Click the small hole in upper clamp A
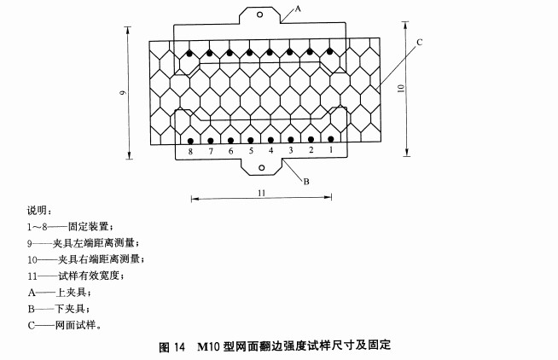pyautogui.click(x=259, y=15)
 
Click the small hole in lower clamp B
pyautogui.click(x=262, y=168)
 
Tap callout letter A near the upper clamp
pyautogui.click(x=298, y=9)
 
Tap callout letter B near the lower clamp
pyautogui.click(x=306, y=182)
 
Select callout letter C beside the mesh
pyautogui.click(x=420, y=43)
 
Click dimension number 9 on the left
pyautogui.click(x=122, y=92)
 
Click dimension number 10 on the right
pyautogui.click(x=401, y=88)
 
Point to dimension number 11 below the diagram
pyautogui.click(x=262, y=193)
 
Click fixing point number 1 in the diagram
pyautogui.click(x=331, y=150)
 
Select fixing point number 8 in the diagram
pyautogui.click(x=190, y=152)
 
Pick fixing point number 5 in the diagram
pyautogui.click(x=251, y=151)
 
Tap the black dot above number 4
pyautogui.click(x=270, y=140)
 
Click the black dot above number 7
pyautogui.click(x=211, y=141)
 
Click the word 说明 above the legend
pyautogui.click(x=37, y=211)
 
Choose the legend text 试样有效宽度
pyautogui.click(x=89, y=276)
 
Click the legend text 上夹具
pyautogui.click(x=71, y=293)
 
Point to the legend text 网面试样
pyautogui.click(x=75, y=325)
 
